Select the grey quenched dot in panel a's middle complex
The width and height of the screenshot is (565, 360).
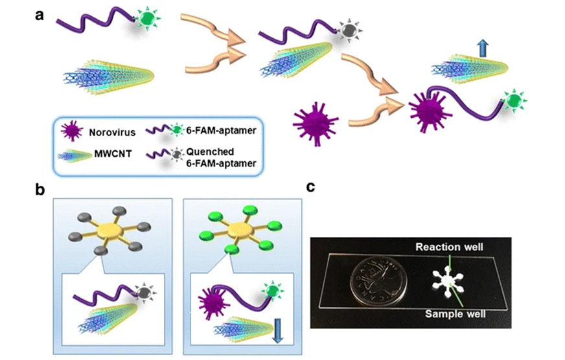(x=350, y=29)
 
